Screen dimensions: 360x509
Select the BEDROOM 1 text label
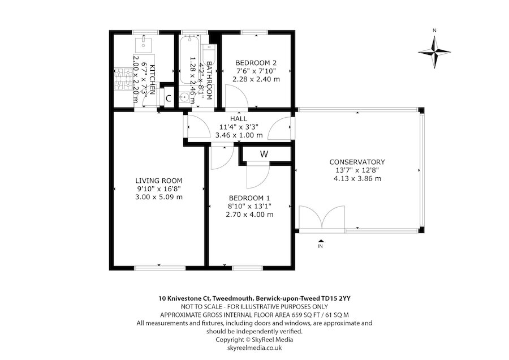click(249, 198)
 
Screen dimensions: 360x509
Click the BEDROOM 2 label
click(257, 62)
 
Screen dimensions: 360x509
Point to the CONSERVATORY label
click(357, 162)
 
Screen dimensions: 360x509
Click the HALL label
click(239, 119)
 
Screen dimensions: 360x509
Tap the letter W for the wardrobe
click(264, 154)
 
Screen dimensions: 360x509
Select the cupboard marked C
click(168, 98)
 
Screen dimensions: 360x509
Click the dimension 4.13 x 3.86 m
click(357, 179)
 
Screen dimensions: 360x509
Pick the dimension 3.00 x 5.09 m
click(158, 197)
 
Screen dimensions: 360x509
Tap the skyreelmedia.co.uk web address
click(254, 348)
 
